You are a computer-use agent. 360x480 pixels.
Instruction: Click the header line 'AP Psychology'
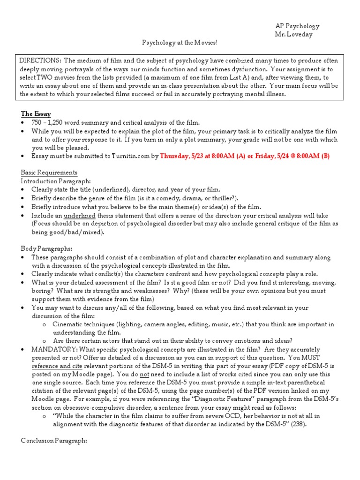tap(297, 26)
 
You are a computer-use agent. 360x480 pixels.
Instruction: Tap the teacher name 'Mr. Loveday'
tap(293, 35)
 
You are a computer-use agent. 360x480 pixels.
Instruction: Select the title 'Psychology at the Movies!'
tap(180, 43)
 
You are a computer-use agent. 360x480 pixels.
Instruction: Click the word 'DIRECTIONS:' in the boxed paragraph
tap(40, 61)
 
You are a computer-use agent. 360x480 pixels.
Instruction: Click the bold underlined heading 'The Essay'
tap(36, 113)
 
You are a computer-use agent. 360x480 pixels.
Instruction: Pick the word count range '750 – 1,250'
tap(49, 122)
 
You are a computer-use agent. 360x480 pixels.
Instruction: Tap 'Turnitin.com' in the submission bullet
tap(127, 156)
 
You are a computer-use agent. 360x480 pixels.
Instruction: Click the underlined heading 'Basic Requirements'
tap(49, 172)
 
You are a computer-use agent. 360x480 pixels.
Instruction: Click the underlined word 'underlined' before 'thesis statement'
tap(79, 215)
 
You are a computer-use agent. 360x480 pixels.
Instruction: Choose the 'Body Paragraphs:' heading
tap(46, 248)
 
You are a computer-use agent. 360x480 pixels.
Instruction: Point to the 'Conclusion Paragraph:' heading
tap(54, 441)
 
